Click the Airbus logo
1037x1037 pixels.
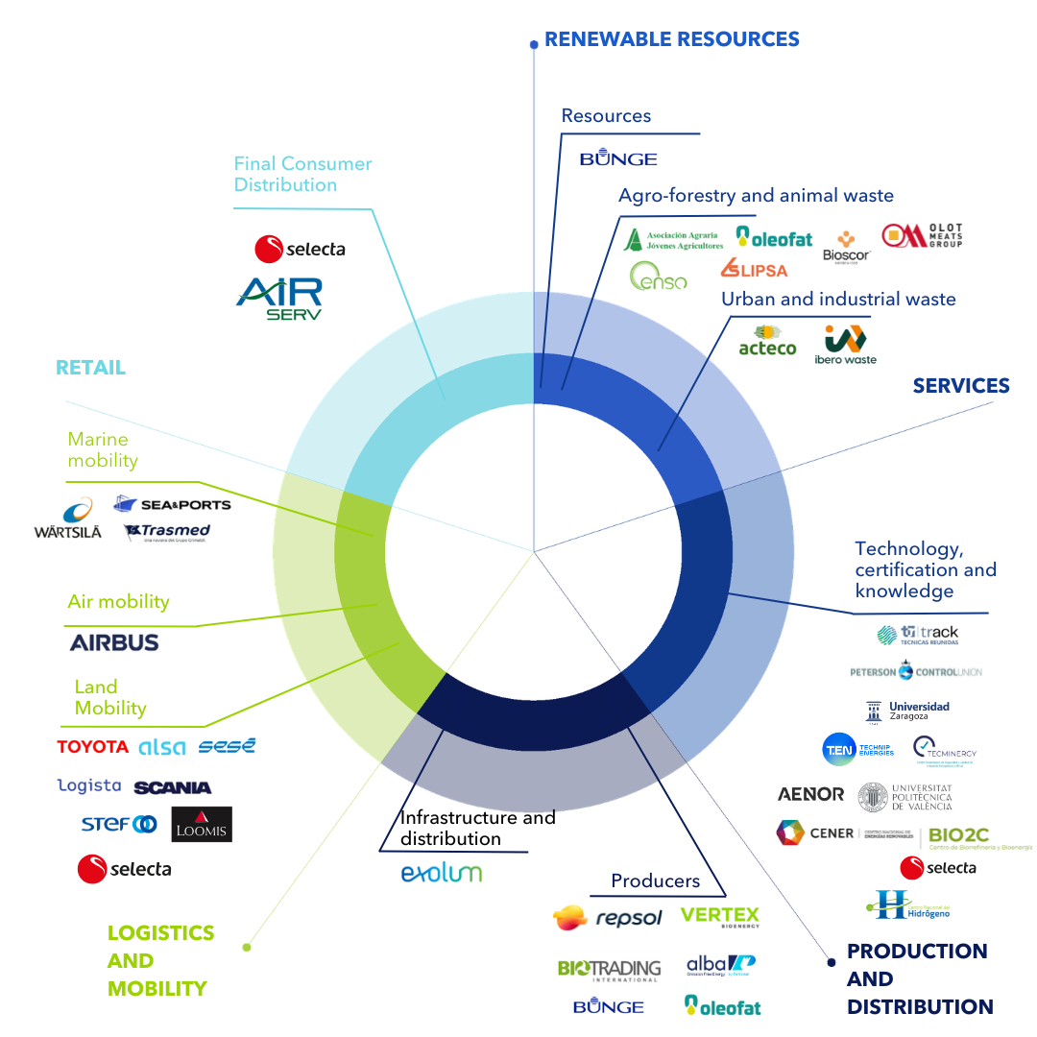114,642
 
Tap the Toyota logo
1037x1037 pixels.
92,747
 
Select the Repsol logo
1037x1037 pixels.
608,918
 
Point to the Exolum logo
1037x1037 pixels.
441,873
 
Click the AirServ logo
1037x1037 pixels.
279,299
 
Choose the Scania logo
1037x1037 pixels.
173,787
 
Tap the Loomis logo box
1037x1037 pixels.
202,825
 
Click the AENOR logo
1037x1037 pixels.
811,794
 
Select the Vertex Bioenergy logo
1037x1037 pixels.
719,917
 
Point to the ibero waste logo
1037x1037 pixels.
845,345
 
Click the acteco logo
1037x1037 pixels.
767,341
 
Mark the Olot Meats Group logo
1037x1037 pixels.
922,236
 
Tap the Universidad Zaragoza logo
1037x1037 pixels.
907,711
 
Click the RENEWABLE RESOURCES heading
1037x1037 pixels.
671,39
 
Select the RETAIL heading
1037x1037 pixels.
90,368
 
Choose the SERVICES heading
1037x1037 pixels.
961,386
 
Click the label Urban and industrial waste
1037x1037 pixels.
838,299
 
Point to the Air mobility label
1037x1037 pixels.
118,602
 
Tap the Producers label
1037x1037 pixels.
656,880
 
